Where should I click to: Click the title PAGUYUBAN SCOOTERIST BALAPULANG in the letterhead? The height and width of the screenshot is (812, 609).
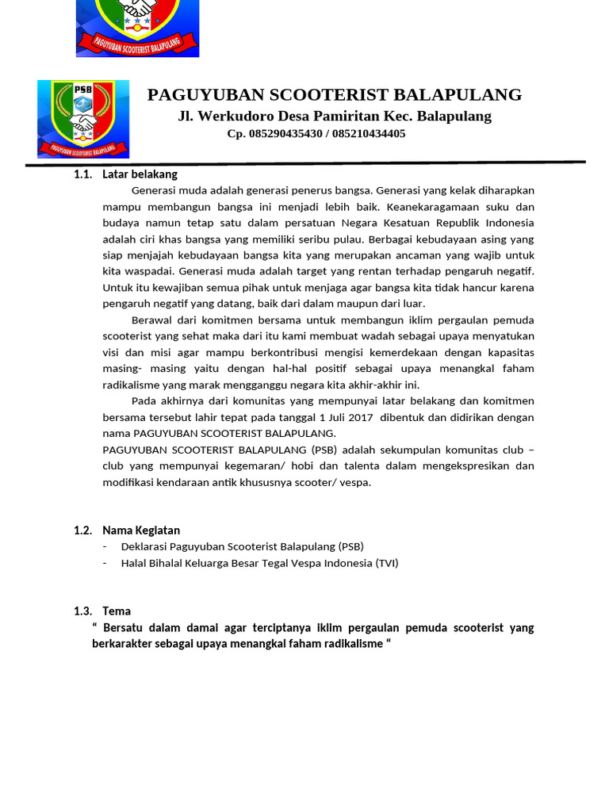click(x=334, y=95)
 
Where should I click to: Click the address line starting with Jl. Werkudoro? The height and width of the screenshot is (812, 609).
click(x=334, y=117)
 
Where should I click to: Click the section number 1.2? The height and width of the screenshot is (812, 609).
click(x=83, y=530)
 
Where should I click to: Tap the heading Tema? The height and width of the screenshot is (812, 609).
click(x=117, y=611)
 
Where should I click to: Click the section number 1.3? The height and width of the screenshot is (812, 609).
click(x=83, y=611)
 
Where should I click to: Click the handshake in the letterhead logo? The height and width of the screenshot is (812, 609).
click(x=82, y=123)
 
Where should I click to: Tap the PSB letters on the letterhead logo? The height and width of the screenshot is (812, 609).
click(x=82, y=90)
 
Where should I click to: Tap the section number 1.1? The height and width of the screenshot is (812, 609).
click(x=83, y=174)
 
